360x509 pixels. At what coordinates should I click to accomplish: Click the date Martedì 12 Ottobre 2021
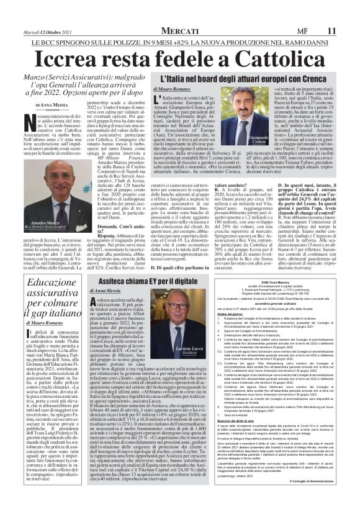[x=44, y=29]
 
